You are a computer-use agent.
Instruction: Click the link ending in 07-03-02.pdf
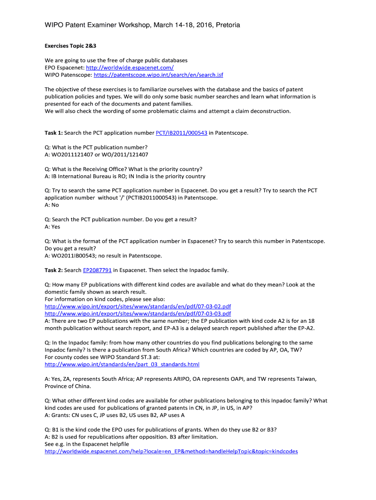tap(138, 306)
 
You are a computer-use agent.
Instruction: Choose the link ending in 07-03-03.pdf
tap(138, 313)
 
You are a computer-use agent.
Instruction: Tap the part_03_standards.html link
tap(122, 364)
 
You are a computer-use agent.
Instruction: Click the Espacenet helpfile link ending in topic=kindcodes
tap(171, 452)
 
